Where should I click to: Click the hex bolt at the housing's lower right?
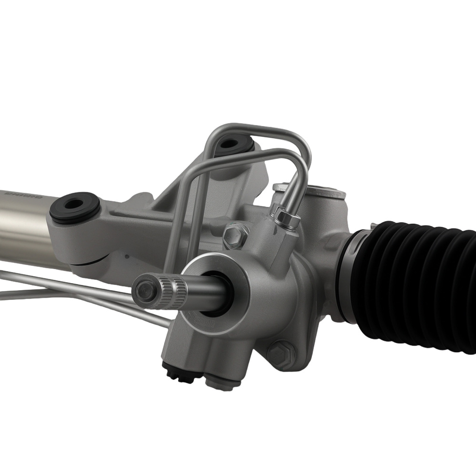click(280, 355)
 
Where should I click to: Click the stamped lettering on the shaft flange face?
click(209, 324)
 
